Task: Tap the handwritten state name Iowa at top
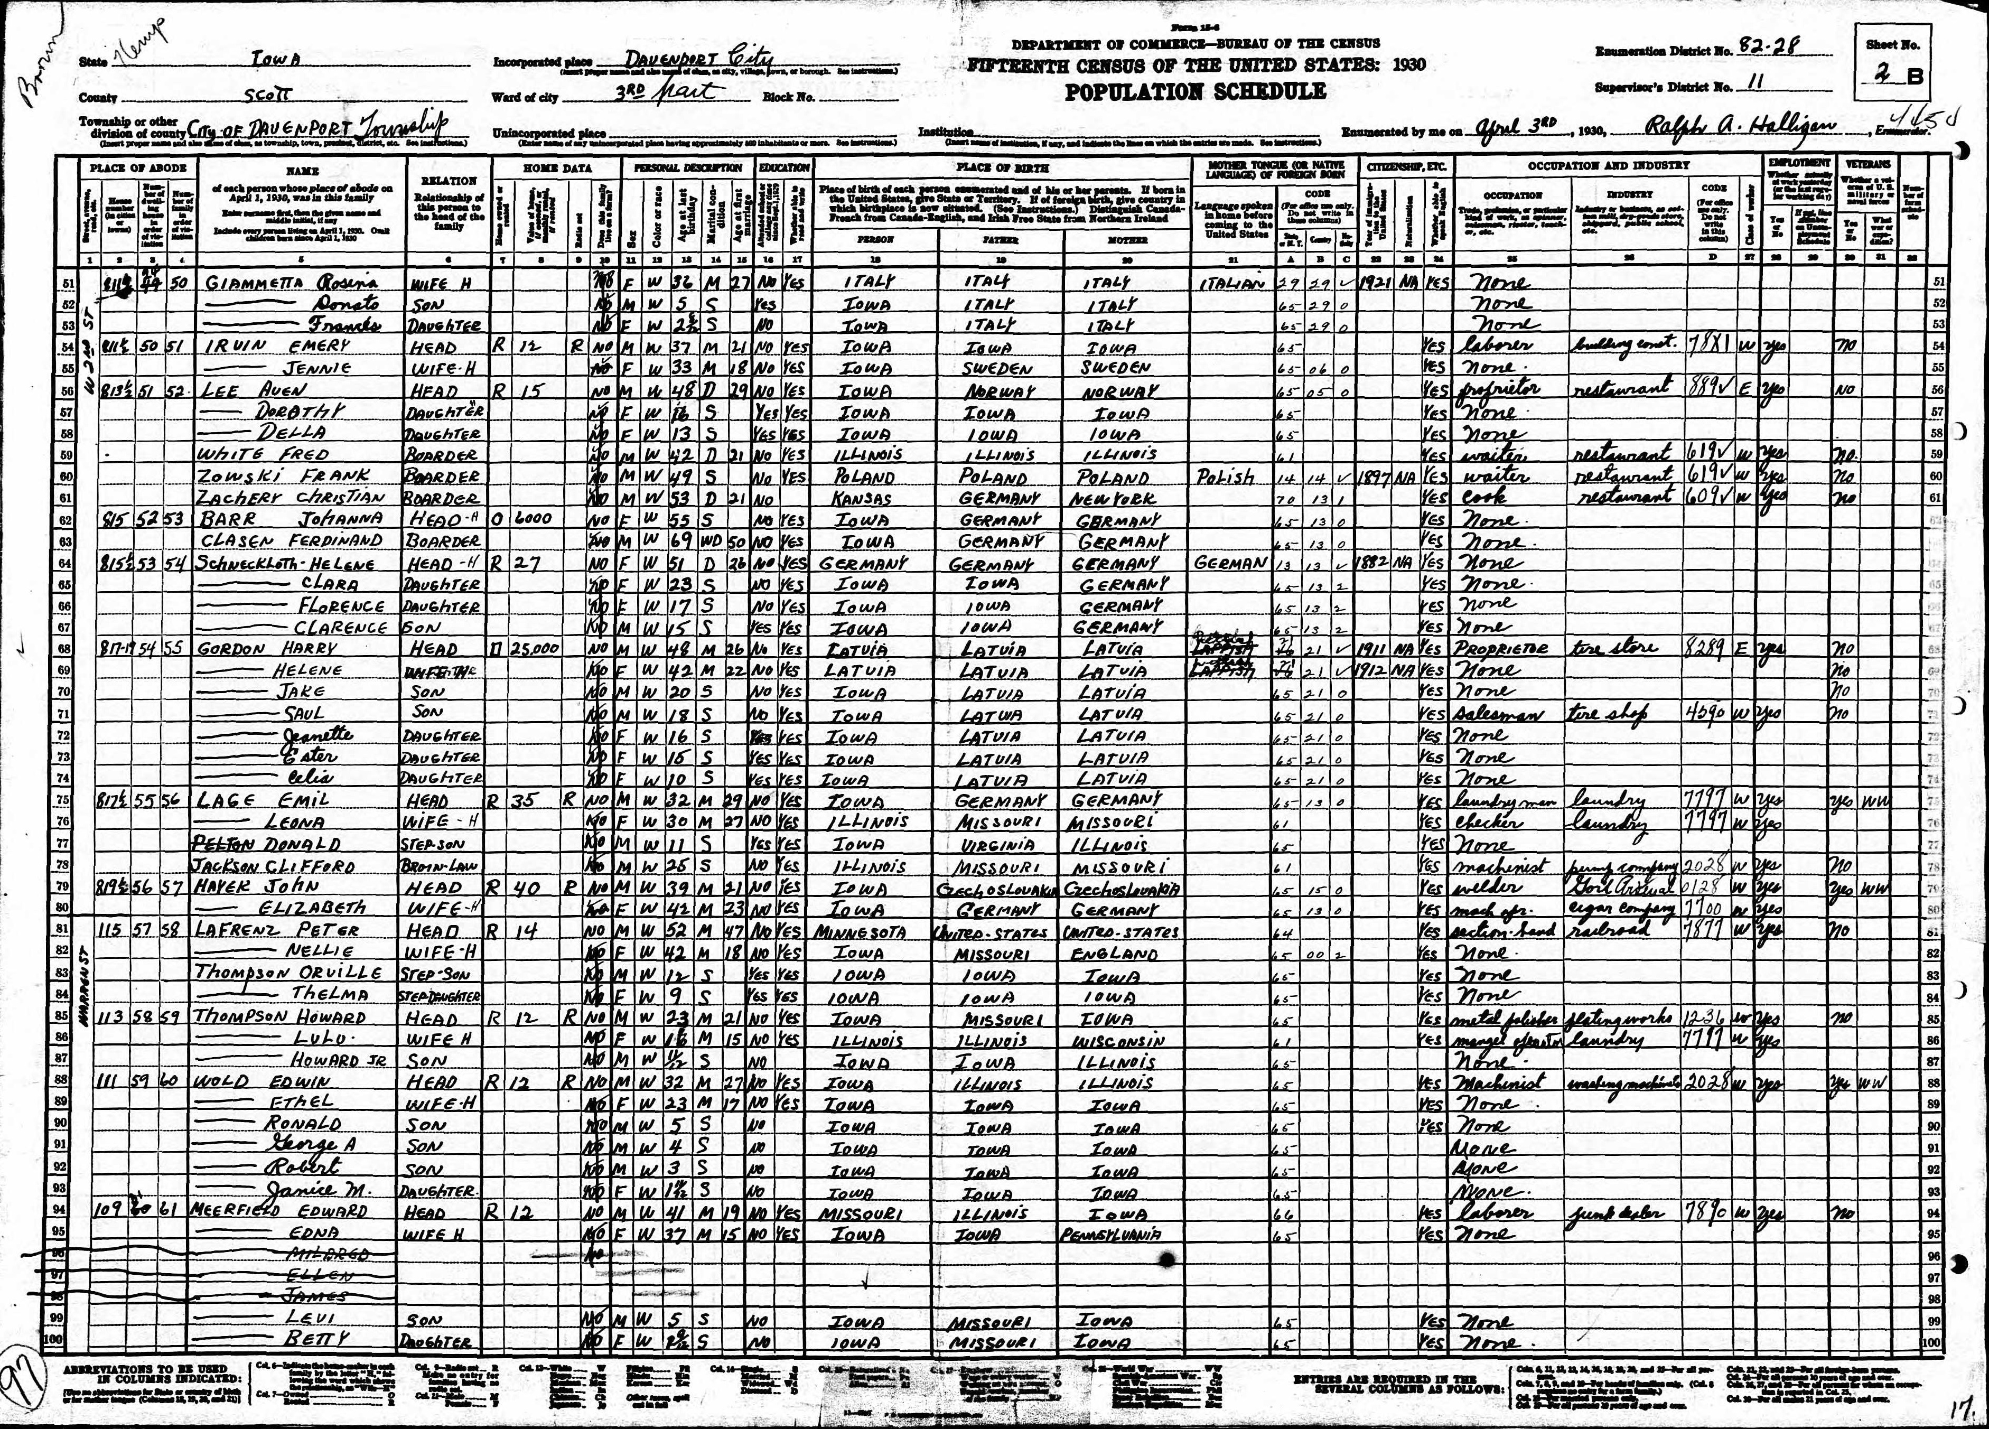pyautogui.click(x=276, y=61)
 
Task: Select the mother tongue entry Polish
pyautogui.click(x=1227, y=477)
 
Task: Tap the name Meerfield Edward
pyautogui.click(x=281, y=1212)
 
